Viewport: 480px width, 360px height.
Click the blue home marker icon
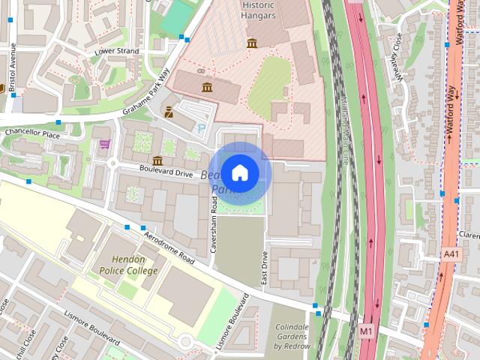pos(240,173)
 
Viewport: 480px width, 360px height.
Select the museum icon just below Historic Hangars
pos(252,43)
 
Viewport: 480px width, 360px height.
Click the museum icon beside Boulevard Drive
pos(157,160)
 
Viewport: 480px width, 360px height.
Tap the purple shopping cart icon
pos(105,144)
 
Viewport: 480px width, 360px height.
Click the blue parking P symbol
pos(200,128)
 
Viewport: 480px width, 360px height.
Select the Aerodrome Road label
pos(169,248)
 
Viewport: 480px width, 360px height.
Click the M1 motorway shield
pos(365,330)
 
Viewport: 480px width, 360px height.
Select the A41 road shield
pos(450,255)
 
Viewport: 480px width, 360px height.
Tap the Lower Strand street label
pos(116,51)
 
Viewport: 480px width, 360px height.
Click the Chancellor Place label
pos(31,133)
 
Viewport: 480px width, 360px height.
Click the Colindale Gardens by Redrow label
pos(292,337)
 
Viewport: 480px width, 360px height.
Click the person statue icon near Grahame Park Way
pos(169,113)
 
